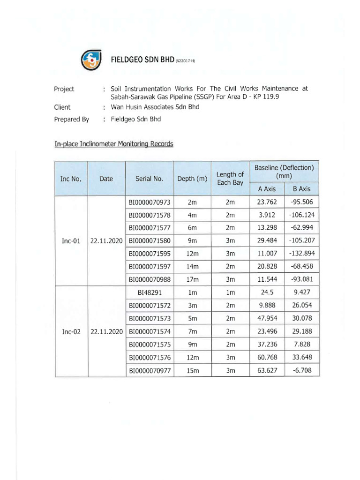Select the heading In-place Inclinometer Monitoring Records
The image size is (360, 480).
(114, 144)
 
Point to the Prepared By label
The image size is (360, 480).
(72, 119)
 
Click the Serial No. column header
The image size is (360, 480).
(149, 179)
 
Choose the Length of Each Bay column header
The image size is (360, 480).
(230, 179)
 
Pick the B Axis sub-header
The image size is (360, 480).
(302, 189)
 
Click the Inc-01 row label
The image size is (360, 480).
(71, 240)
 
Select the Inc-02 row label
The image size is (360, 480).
(71, 331)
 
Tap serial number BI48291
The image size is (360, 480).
(149, 292)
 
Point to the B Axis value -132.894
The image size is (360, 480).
(302, 253)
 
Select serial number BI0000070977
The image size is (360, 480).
(149, 370)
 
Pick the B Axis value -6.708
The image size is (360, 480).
(302, 370)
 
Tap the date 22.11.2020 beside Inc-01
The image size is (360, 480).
(106, 240)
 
